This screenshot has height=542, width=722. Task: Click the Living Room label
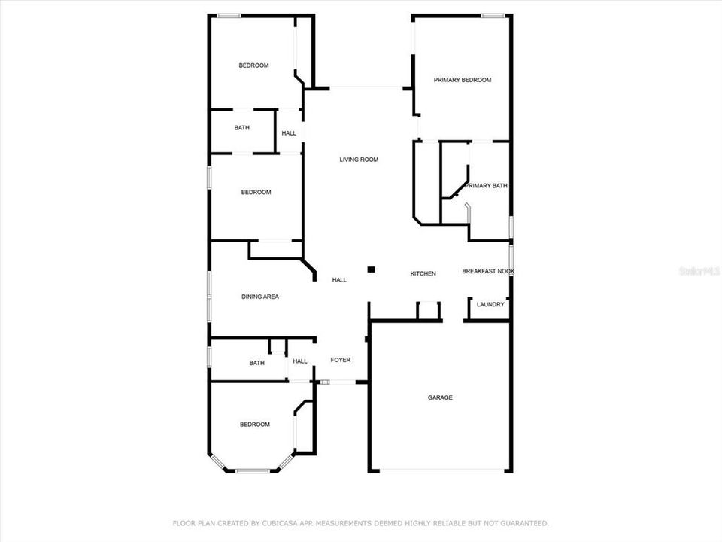tap(359, 160)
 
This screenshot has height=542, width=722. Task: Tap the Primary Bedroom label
tap(463, 80)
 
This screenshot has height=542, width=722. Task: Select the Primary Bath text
tap(487, 186)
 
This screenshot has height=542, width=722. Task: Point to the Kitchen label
tap(423, 274)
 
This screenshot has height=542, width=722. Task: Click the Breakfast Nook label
tap(488, 271)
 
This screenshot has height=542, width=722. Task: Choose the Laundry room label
tap(490, 305)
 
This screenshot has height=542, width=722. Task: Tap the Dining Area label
tap(260, 297)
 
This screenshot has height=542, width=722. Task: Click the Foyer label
tap(341, 361)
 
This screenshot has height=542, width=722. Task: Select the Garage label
tap(440, 398)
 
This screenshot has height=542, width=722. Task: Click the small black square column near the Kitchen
tap(371, 269)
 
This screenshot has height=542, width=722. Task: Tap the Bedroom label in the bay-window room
tap(254, 425)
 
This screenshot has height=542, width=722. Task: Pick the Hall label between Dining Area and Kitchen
tap(340, 280)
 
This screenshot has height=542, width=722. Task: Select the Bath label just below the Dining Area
tap(257, 364)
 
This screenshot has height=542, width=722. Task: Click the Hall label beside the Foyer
tap(300, 361)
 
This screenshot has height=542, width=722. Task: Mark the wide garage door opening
tap(441, 471)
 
